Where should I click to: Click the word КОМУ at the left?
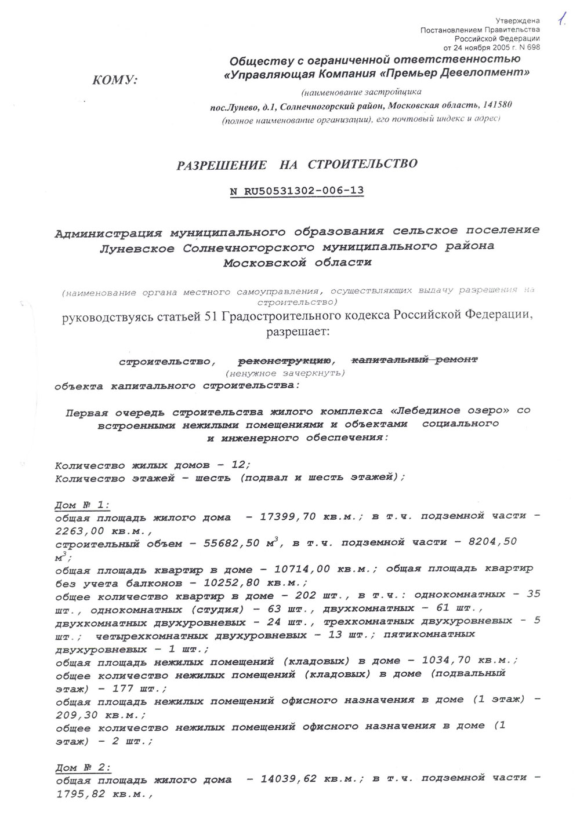coord(115,80)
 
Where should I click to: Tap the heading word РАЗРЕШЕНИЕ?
coord(222,165)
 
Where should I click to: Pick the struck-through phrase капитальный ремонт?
coord(415,360)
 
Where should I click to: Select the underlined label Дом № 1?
coord(82,505)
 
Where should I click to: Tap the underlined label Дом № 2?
coord(83,767)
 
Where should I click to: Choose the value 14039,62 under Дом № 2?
coord(289,778)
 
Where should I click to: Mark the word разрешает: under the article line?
coord(296,332)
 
